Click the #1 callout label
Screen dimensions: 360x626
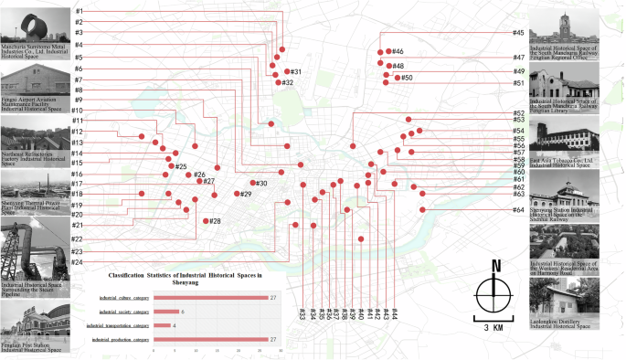[x=80, y=10]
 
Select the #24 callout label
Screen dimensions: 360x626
[x=78, y=263]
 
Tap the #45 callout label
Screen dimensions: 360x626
[x=518, y=33]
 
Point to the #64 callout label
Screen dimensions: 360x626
[x=518, y=210]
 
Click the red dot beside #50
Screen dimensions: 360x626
[x=397, y=79]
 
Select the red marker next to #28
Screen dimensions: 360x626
[x=205, y=220]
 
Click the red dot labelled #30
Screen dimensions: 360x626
[x=253, y=184]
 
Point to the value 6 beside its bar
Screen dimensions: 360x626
[x=184, y=312]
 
